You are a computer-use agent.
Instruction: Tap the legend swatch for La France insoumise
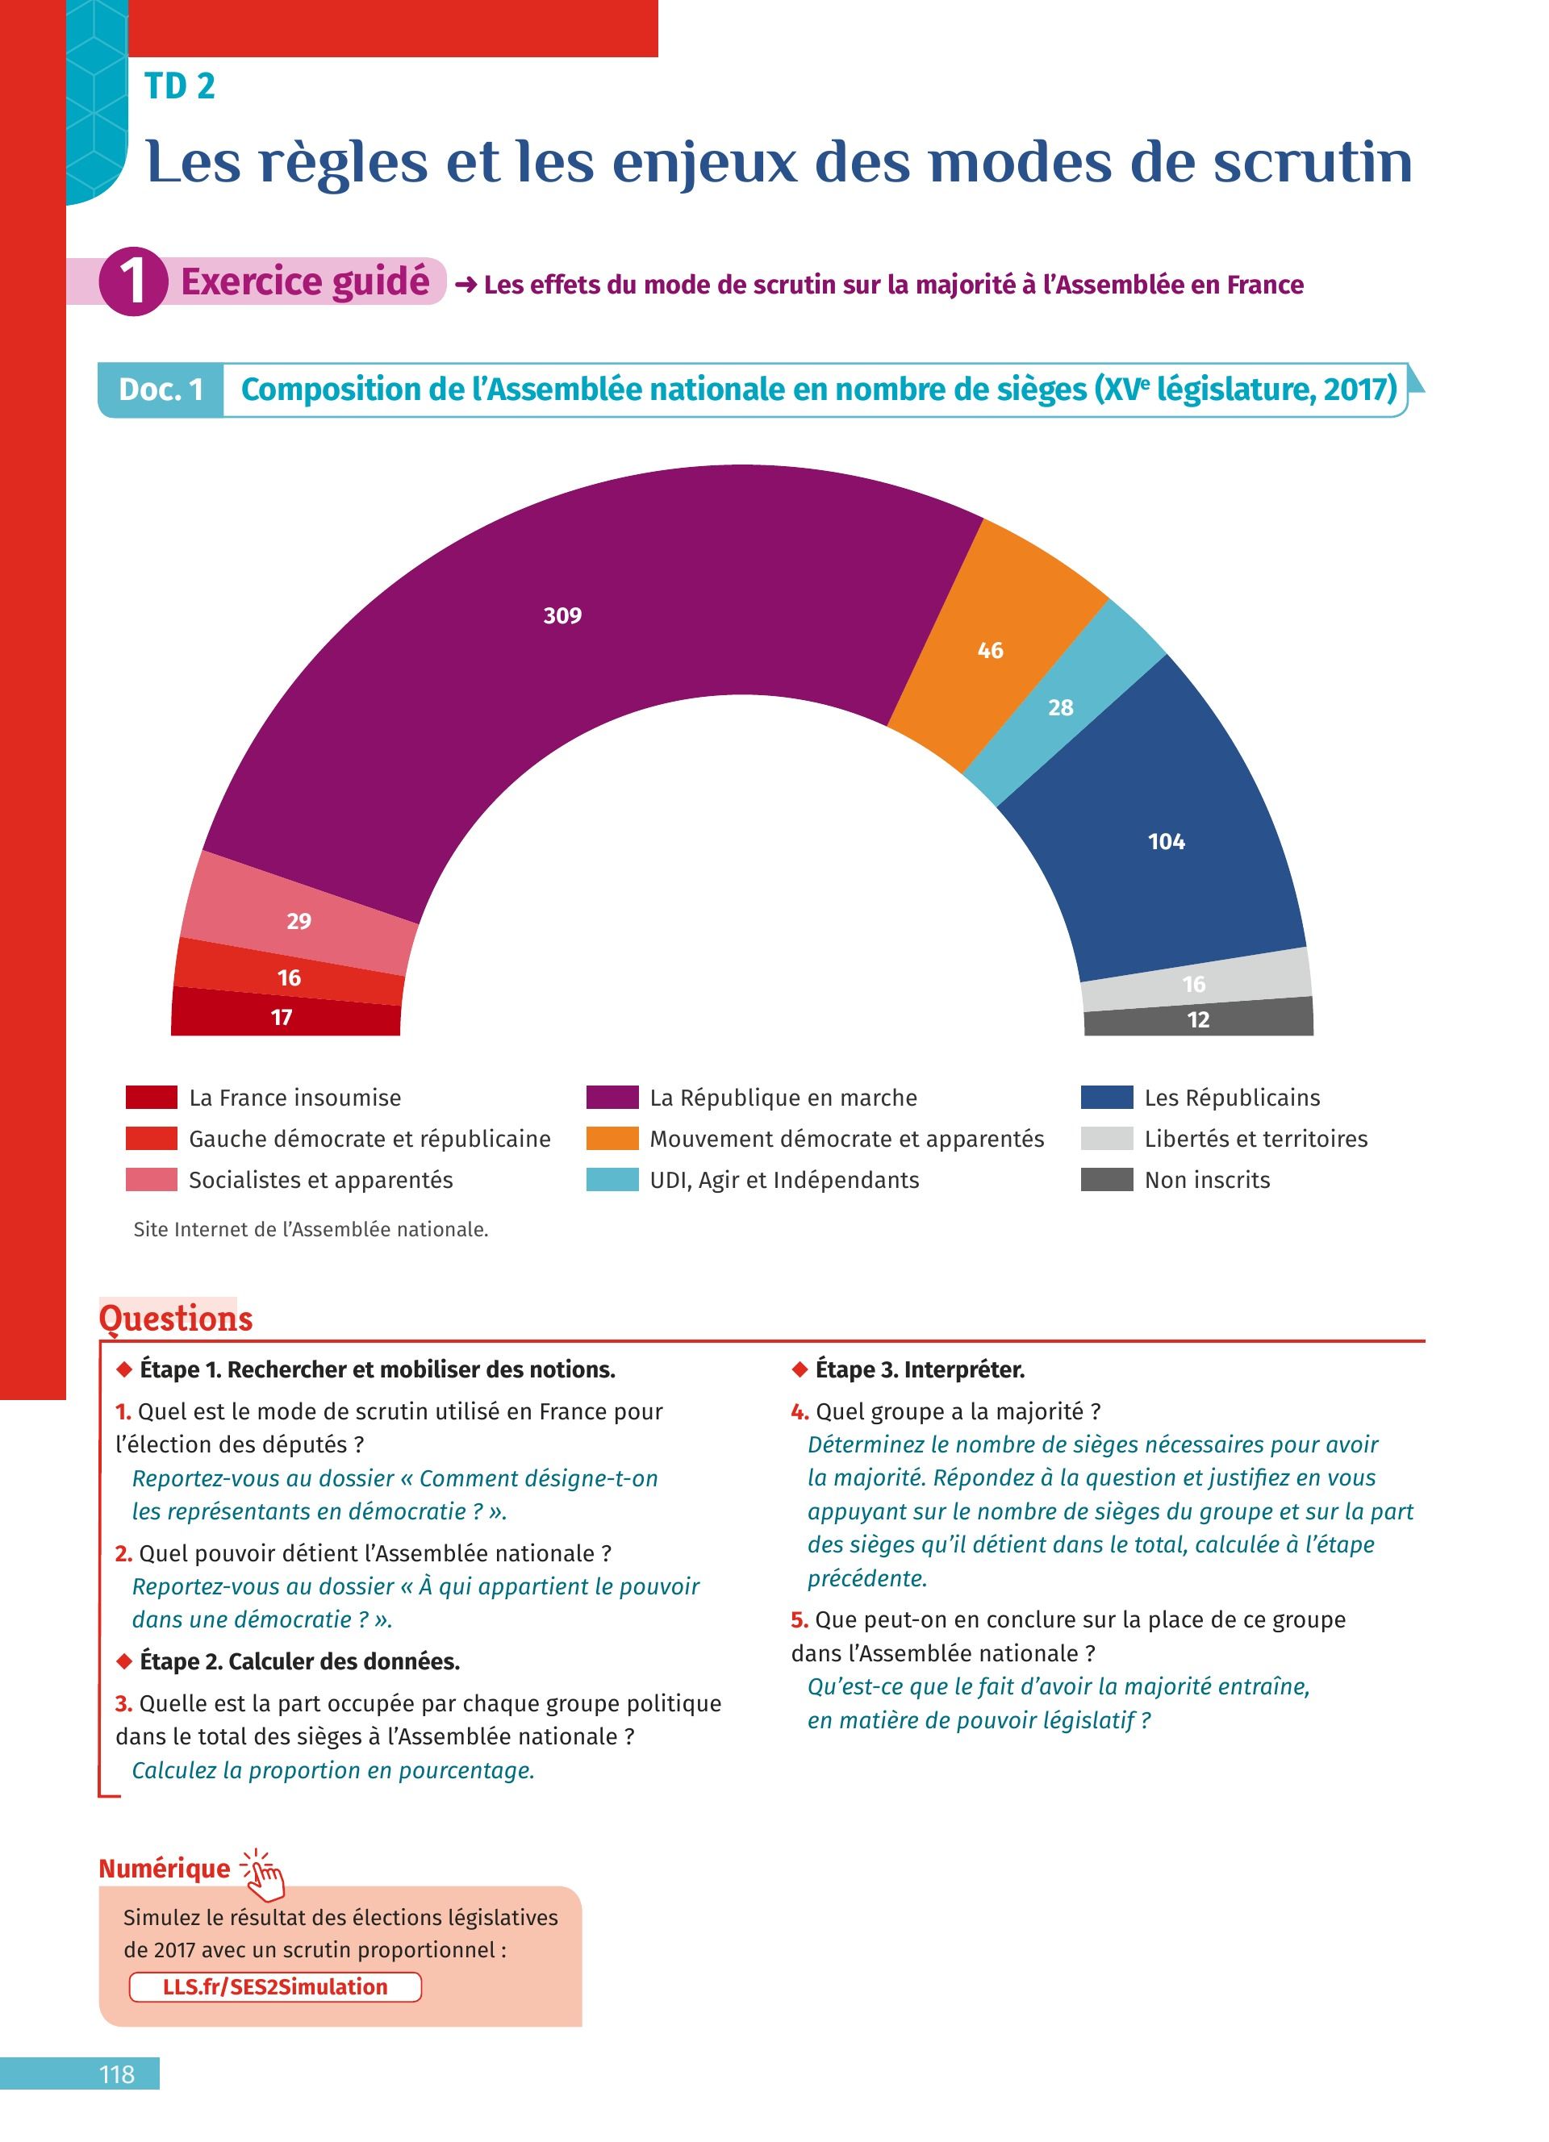(151, 1098)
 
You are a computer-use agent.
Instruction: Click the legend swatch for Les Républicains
(1106, 1098)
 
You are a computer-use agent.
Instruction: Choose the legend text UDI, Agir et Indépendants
(784, 1180)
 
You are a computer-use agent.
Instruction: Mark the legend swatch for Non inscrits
(1106, 1180)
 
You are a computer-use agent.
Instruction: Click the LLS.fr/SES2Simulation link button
(275, 1987)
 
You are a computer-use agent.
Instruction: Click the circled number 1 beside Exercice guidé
(133, 281)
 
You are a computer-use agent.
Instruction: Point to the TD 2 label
(179, 86)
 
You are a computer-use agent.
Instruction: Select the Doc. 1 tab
(161, 389)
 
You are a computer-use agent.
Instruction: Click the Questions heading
(176, 1319)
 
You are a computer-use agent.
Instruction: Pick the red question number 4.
(799, 1411)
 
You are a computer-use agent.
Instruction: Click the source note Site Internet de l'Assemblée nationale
(311, 1230)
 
